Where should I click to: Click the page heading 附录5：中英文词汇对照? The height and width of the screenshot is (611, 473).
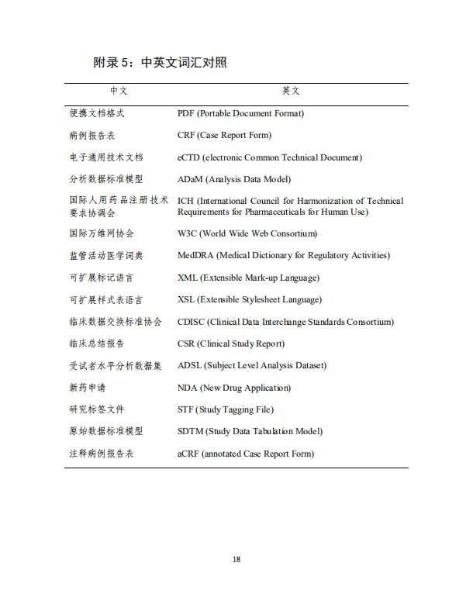(x=160, y=63)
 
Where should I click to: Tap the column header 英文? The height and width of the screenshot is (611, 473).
(x=291, y=91)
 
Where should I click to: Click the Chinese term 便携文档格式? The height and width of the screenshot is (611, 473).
(x=97, y=113)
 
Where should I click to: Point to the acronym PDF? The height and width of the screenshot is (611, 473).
(x=186, y=113)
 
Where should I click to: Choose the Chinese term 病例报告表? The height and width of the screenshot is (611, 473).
(x=92, y=135)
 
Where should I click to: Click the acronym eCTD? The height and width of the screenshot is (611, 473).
(x=188, y=157)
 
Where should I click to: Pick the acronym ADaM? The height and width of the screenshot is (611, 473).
(x=190, y=179)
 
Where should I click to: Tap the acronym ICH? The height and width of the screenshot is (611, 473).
(x=185, y=201)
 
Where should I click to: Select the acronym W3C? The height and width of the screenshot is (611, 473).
(x=188, y=233)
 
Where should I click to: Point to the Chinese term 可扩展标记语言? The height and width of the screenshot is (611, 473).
(x=102, y=278)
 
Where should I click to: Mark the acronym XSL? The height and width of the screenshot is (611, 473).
(x=186, y=299)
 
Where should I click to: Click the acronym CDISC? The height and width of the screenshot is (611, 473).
(x=191, y=322)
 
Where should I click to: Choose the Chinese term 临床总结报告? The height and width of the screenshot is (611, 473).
(x=97, y=343)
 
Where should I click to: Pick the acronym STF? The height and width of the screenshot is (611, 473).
(x=185, y=409)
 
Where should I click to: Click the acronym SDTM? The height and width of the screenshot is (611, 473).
(x=190, y=431)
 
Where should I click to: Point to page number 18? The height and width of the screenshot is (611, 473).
(x=236, y=559)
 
